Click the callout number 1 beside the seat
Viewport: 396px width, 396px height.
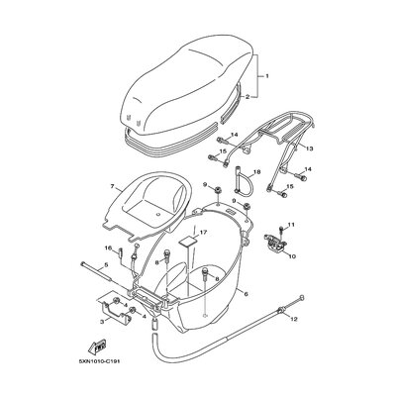click(x=267, y=76)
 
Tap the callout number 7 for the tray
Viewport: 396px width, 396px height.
click(x=112, y=187)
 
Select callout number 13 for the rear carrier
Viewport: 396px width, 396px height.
click(x=309, y=148)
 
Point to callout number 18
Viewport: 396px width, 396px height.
click(x=257, y=172)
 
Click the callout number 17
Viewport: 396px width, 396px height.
click(x=203, y=233)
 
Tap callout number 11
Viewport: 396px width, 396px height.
click(x=290, y=225)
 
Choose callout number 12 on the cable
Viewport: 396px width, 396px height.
click(x=294, y=319)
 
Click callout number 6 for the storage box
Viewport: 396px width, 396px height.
click(x=247, y=293)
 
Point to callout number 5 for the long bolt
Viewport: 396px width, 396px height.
click(x=106, y=264)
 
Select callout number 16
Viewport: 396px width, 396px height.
click(x=108, y=247)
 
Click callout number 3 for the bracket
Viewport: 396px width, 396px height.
click(x=102, y=321)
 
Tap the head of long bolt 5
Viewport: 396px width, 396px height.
click(x=83, y=263)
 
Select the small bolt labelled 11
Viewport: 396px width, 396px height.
click(x=280, y=230)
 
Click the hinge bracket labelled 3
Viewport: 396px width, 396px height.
click(x=115, y=310)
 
